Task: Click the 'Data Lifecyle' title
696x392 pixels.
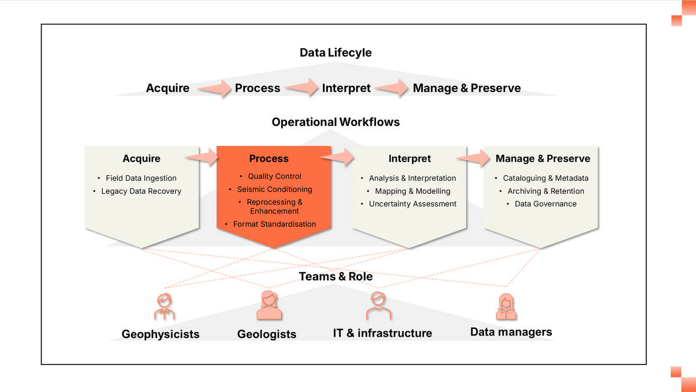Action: pos(336,53)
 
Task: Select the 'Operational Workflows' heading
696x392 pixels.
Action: pos(336,122)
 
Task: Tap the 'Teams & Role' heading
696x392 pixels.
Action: pos(336,277)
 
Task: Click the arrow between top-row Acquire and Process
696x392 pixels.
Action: pos(214,89)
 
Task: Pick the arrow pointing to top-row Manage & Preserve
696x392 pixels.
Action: pos(393,89)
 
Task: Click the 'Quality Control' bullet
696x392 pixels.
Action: pos(274,176)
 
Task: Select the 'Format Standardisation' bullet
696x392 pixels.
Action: pos(274,224)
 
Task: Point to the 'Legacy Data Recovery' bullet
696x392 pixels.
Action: pos(141,191)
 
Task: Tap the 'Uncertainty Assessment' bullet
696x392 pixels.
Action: pos(413,204)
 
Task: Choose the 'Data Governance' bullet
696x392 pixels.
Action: pos(545,204)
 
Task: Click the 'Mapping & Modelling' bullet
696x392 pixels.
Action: pos(413,191)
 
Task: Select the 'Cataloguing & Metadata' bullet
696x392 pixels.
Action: pos(545,178)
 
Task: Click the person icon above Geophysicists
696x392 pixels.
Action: pos(164,306)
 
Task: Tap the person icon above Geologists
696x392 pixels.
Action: pos(268,306)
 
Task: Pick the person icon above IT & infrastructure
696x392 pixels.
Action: pos(378,306)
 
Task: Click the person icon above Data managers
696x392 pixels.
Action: pos(506,306)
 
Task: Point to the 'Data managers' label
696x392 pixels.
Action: pos(511,332)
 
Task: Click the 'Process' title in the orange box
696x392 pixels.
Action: pos(268,159)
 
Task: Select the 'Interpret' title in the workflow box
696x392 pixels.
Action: pos(410,159)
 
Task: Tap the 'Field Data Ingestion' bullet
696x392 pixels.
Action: pos(141,178)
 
